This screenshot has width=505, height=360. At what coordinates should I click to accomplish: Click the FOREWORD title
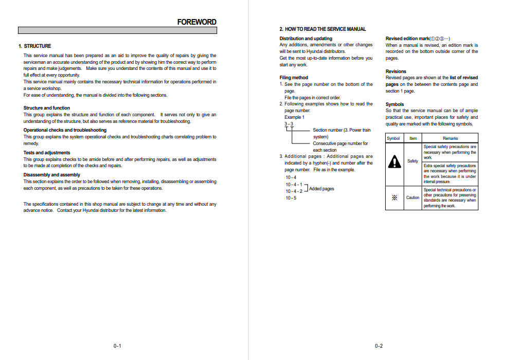point(196,22)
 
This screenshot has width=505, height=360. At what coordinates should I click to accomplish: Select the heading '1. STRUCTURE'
point(35,46)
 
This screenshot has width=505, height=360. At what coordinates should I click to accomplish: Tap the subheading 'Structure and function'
point(47,108)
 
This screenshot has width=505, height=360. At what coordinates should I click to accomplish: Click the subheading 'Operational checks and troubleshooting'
point(65,130)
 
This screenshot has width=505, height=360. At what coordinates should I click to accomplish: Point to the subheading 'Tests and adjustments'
point(47,153)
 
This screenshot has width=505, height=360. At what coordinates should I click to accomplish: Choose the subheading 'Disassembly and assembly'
point(52,175)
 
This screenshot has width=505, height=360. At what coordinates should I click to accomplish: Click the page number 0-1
point(117,346)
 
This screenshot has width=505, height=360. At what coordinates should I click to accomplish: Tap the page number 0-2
point(379,346)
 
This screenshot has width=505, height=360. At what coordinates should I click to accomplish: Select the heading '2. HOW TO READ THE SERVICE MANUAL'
point(322,29)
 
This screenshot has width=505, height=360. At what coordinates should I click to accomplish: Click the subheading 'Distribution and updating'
point(306,39)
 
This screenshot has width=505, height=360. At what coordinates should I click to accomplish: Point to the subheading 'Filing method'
point(294,78)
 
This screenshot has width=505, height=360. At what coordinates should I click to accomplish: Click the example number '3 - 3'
point(289,124)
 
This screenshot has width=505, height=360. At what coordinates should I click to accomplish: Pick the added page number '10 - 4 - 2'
point(294,191)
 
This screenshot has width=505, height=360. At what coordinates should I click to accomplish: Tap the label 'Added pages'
point(321,189)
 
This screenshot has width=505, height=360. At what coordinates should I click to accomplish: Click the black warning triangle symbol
point(394,161)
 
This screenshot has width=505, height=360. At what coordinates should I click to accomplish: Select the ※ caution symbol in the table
point(394,197)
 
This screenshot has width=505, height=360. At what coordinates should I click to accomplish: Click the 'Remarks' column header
point(450,138)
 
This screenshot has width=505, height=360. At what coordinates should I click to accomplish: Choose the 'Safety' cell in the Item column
point(413,161)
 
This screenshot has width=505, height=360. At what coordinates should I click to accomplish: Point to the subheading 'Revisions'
point(396,71)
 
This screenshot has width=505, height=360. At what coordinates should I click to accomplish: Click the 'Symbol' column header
point(393,138)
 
